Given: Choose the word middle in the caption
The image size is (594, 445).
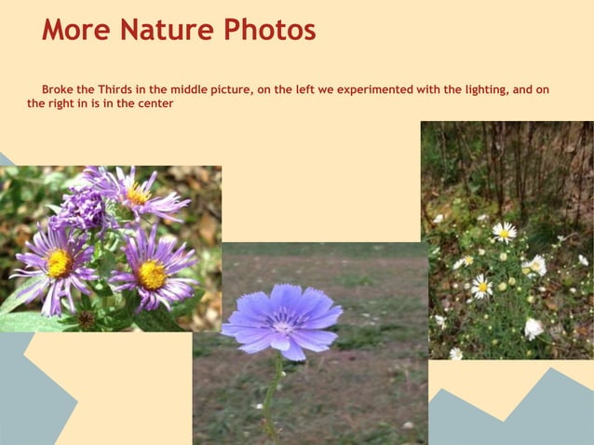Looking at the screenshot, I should tap(189, 90).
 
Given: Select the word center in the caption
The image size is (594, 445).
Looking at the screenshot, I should tap(154, 103).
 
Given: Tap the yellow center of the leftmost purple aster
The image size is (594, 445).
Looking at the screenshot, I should tap(59, 263).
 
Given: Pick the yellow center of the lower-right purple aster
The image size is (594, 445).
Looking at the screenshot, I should tap(151, 274).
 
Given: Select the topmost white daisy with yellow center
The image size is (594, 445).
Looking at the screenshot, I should tap(505, 231).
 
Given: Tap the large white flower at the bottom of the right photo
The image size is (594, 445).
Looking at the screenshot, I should tap(533, 329).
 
